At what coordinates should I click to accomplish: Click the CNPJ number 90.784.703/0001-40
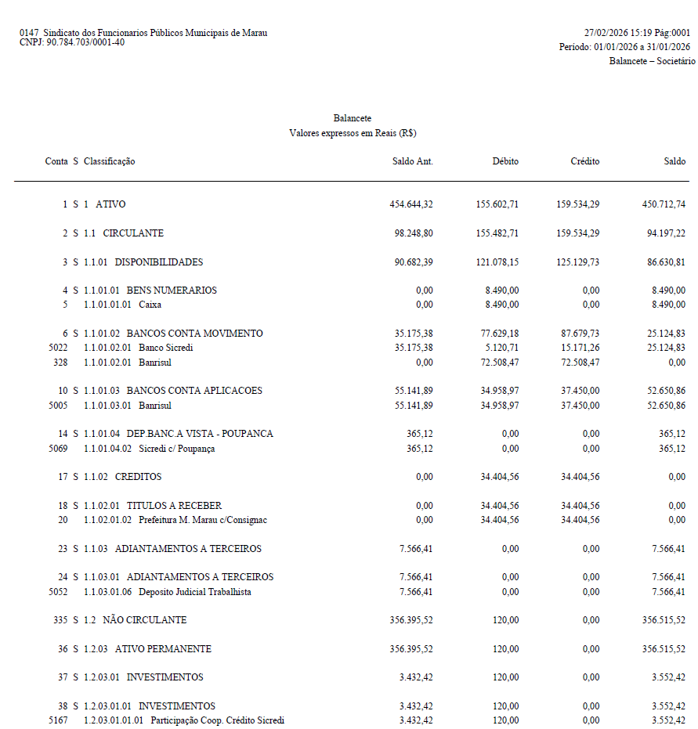point(85,42)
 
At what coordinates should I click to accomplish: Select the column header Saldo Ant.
point(412,161)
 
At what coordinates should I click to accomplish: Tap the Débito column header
point(505,161)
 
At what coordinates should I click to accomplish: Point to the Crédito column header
point(585,161)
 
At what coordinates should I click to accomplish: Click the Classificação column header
point(110,161)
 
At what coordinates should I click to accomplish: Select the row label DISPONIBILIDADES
point(159,262)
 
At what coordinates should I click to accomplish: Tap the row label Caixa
point(150,305)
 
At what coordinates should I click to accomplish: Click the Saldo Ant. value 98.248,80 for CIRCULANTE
point(411,233)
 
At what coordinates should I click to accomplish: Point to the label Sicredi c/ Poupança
point(176,449)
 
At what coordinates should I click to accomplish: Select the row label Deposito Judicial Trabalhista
point(195,592)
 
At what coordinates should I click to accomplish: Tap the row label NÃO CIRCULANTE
point(144,620)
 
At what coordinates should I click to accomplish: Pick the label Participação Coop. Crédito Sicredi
point(217,720)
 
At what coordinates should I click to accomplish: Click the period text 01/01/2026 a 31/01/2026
point(642,47)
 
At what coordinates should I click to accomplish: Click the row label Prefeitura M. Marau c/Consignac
point(202,520)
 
